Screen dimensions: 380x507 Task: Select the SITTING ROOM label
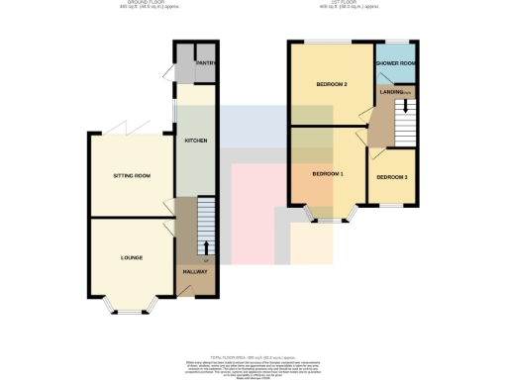coord(130,176)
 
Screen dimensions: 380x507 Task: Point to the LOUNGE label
coord(132,257)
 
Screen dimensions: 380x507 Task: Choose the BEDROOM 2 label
coord(331,84)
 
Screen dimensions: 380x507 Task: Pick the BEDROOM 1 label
coord(327,173)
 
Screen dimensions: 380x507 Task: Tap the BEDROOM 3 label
coord(391,177)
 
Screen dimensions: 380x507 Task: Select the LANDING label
coord(390,92)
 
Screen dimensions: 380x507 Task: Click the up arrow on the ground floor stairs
coord(206,246)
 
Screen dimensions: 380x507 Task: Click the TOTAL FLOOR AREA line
coord(253,356)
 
